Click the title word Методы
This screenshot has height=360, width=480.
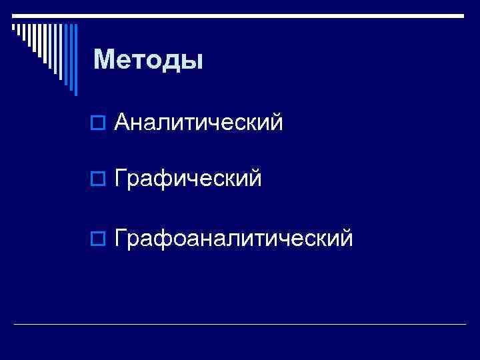(148, 60)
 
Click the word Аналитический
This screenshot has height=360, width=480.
(199, 122)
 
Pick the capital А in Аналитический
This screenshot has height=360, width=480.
(122, 122)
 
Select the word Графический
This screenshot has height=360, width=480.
(188, 179)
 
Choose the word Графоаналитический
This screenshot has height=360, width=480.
(234, 237)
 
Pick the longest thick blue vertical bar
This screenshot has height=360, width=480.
(75, 59)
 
